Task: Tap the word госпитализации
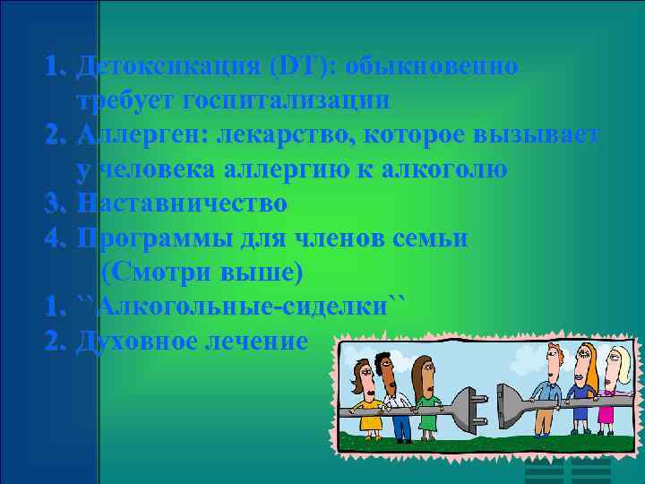285,100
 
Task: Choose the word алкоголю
440,169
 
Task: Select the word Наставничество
182,203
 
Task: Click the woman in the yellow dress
366,399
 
